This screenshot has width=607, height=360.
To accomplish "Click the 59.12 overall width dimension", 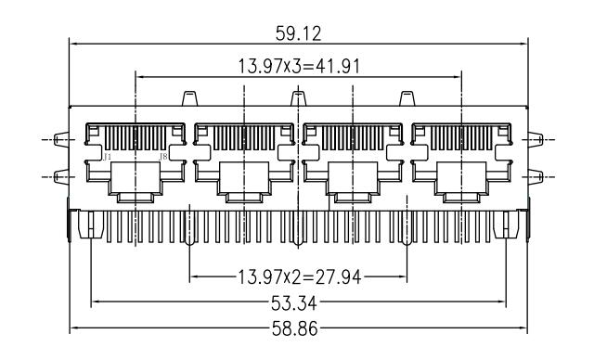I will pos(299,34).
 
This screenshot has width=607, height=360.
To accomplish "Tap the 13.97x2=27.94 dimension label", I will pos(298,276).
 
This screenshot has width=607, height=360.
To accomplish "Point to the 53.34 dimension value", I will pos(298,302).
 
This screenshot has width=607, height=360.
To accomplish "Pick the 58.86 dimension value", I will pos(298,328).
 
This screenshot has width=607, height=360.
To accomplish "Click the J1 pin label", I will pos(109,158).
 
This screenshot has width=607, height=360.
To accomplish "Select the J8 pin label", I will pos(163,158).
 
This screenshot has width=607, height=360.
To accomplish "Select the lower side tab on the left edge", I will pos(61,176).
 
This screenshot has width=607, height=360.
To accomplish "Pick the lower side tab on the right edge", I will pos(534,176).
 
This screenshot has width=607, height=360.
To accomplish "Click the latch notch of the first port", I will pos(136,196).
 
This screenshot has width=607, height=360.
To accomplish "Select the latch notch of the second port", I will pos(243,196).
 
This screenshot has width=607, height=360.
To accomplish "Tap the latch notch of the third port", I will pos(352,196).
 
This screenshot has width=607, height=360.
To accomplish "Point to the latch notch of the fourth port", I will pos(460,196).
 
